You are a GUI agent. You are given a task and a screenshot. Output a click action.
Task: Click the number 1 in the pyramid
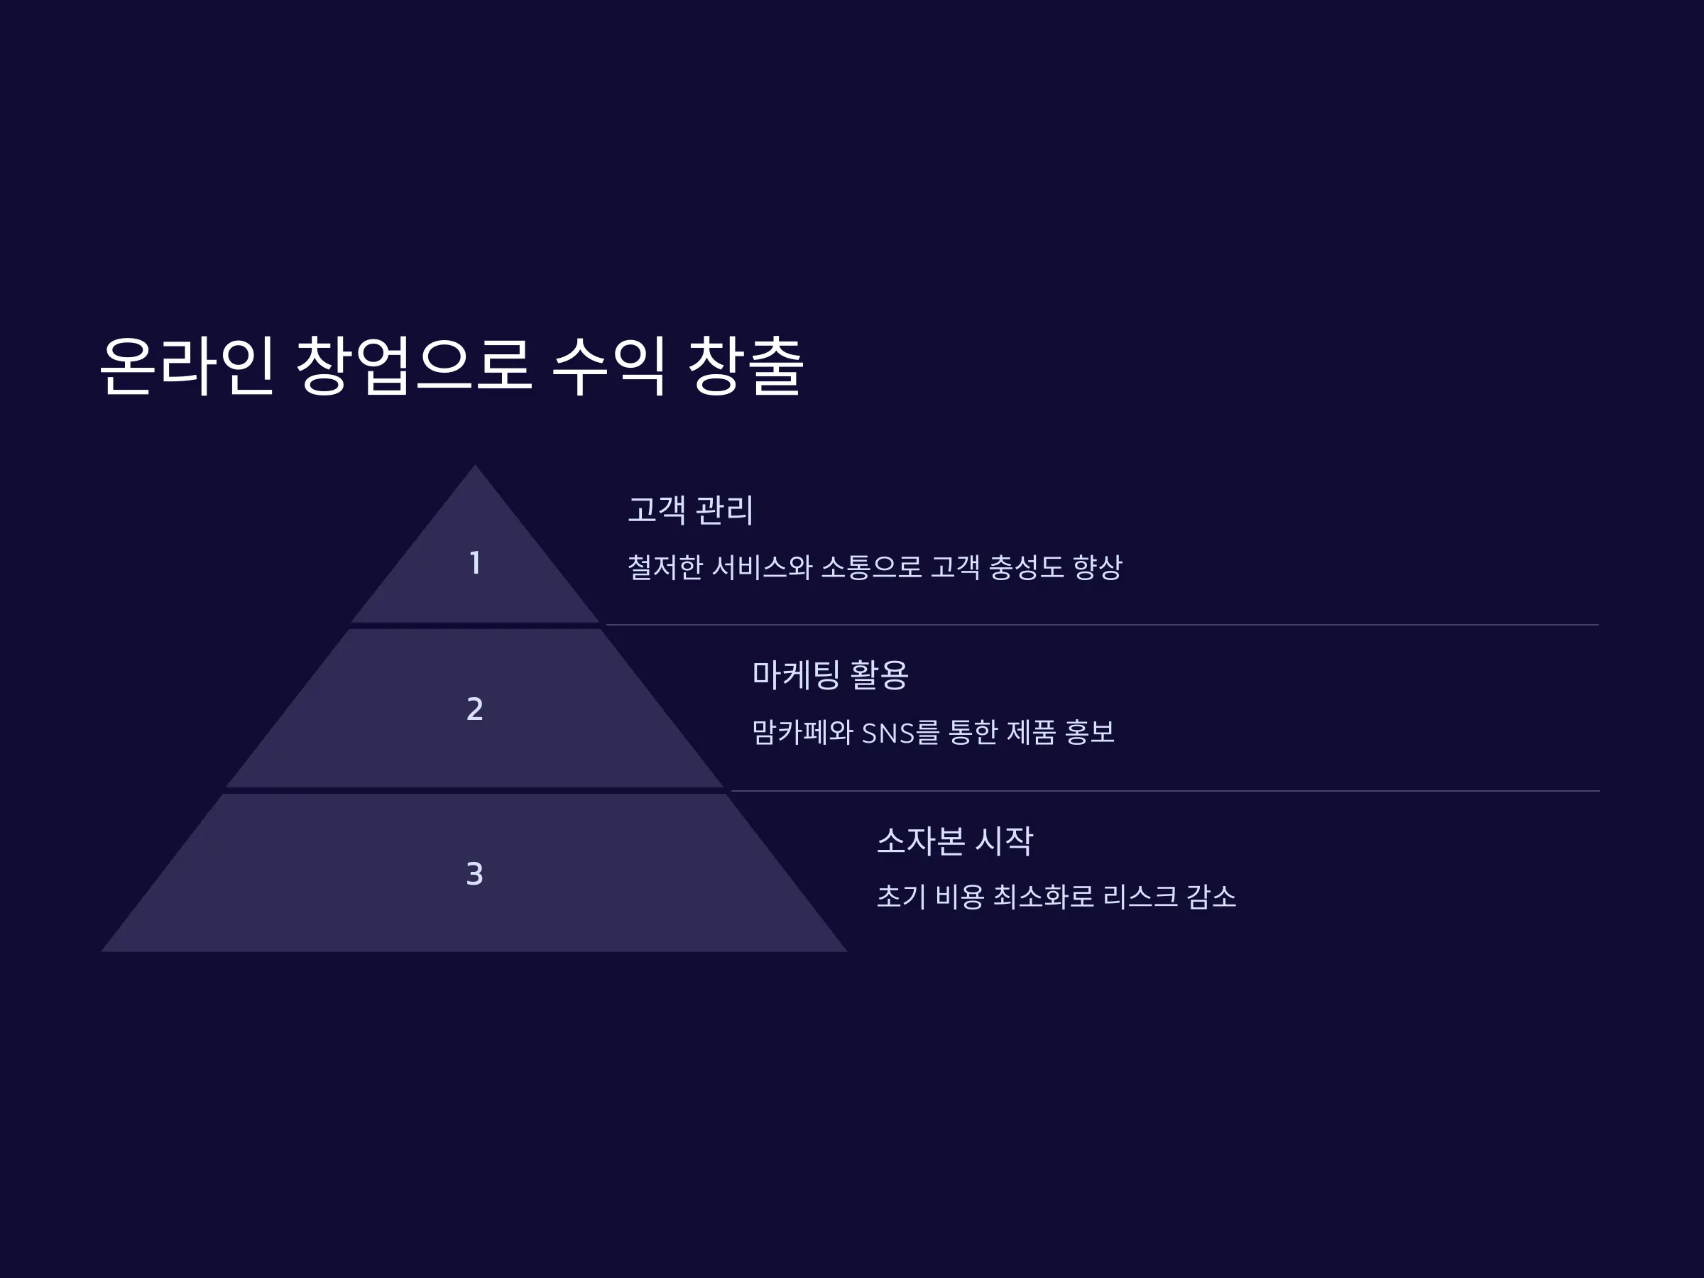pyautogui.click(x=475, y=562)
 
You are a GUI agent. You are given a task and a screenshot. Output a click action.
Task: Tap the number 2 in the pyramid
pyautogui.click(x=475, y=709)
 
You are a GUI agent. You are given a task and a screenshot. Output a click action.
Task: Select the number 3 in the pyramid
pyautogui.click(x=474, y=873)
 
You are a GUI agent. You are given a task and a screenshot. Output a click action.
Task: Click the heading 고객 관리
pyautogui.click(x=691, y=510)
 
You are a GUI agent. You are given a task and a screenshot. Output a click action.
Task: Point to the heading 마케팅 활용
pyautogui.click(x=831, y=674)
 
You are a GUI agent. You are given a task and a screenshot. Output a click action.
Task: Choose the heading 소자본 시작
pyautogui.click(x=955, y=841)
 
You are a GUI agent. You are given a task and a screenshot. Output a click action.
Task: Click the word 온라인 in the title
pyautogui.click(x=187, y=366)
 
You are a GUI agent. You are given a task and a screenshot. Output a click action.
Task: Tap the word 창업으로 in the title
pyautogui.click(x=414, y=366)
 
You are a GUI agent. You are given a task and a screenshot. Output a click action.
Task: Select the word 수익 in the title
pyautogui.click(x=608, y=366)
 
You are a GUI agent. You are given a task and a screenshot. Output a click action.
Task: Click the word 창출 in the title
pyautogui.click(x=745, y=366)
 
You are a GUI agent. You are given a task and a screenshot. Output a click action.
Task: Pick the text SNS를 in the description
pyautogui.click(x=900, y=733)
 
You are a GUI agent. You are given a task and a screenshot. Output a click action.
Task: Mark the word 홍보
pyautogui.click(x=1089, y=733)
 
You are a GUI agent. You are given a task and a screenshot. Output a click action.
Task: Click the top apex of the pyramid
pyautogui.click(x=474, y=464)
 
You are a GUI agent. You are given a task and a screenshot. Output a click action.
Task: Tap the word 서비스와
pyautogui.click(x=763, y=568)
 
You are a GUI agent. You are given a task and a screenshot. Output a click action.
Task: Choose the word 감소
pyautogui.click(x=1211, y=897)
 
